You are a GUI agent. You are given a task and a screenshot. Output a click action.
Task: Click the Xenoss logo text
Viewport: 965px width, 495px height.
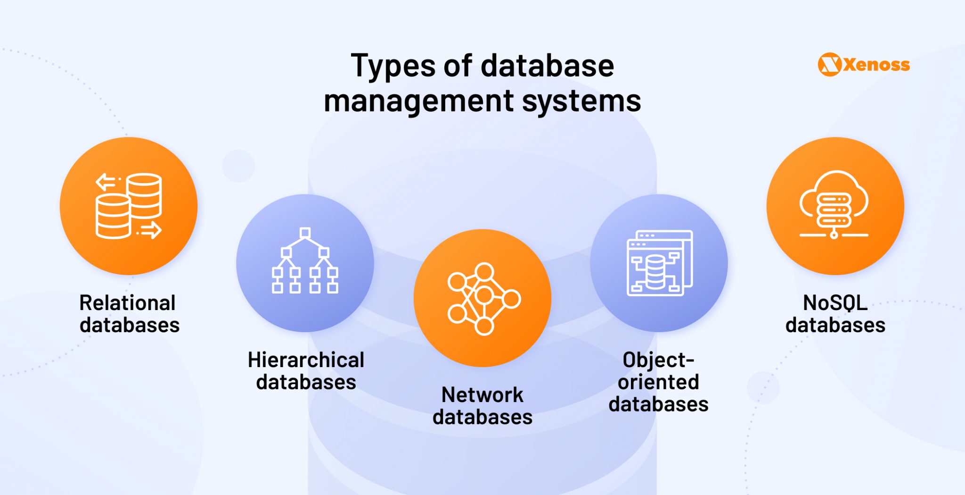pyautogui.click(x=876, y=65)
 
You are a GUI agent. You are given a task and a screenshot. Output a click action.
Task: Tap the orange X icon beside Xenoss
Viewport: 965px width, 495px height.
pyautogui.click(x=829, y=65)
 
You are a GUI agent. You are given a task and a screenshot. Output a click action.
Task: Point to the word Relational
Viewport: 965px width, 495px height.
pyautogui.click(x=127, y=303)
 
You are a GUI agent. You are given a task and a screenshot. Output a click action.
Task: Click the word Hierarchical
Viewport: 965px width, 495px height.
pyautogui.click(x=306, y=360)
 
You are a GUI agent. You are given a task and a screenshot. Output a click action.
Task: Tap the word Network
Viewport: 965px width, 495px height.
pyautogui.click(x=482, y=395)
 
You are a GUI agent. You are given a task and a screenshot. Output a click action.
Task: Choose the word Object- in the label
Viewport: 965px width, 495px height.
pyautogui.click(x=658, y=360)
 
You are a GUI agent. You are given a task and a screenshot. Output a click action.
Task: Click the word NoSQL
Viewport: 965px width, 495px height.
pyautogui.click(x=835, y=303)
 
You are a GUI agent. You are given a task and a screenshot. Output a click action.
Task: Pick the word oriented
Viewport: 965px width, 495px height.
pyautogui.click(x=658, y=382)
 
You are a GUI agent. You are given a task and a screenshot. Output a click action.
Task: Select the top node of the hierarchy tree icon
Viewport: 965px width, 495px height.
pyautogui.click(x=305, y=233)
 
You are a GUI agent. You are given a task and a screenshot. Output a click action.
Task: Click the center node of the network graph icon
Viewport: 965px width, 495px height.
pyautogui.click(x=484, y=296)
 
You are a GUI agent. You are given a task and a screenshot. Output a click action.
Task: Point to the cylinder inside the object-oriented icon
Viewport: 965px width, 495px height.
pyautogui.click(x=654, y=272)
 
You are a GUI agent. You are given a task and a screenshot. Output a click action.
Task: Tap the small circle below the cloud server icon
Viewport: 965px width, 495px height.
pyautogui.click(x=834, y=235)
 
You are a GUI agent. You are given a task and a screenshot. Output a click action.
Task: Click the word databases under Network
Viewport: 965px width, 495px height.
pyautogui.click(x=482, y=417)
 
